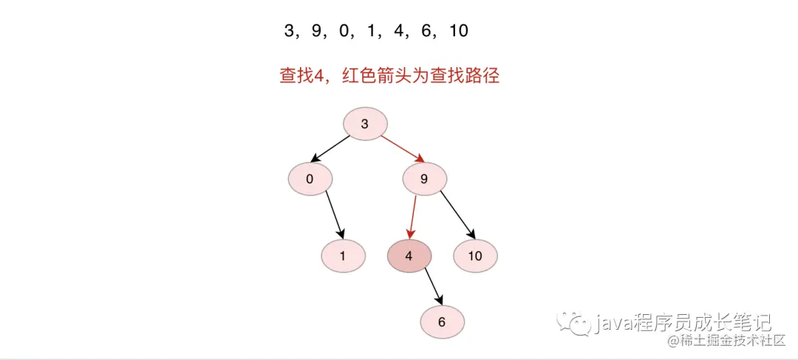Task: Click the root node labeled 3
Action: (365, 124)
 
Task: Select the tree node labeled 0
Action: (310, 178)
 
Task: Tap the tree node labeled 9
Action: (425, 178)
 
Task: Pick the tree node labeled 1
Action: (343, 257)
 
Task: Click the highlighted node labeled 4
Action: (409, 257)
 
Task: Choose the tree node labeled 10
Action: (475, 257)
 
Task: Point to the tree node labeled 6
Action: (442, 322)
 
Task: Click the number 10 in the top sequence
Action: (458, 31)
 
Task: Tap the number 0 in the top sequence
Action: (344, 31)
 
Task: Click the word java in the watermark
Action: (613, 322)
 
